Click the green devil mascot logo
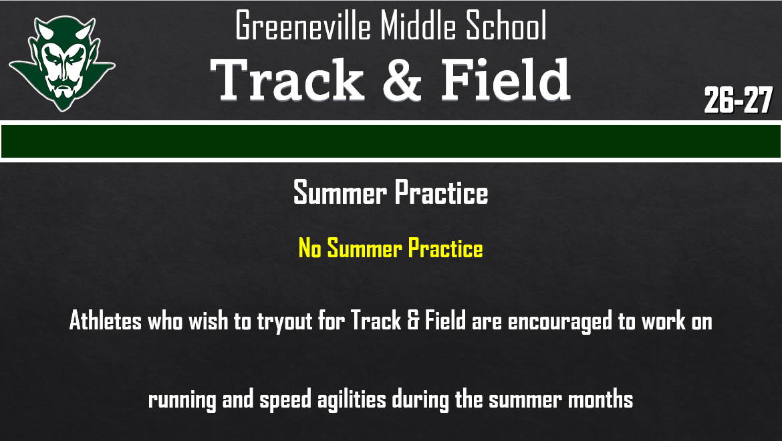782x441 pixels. coord(61,63)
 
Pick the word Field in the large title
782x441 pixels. coord(505,80)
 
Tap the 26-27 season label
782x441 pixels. coord(738,101)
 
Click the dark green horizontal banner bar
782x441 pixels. coord(391,141)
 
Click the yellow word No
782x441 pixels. coord(310,249)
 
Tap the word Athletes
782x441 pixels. coord(106,321)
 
